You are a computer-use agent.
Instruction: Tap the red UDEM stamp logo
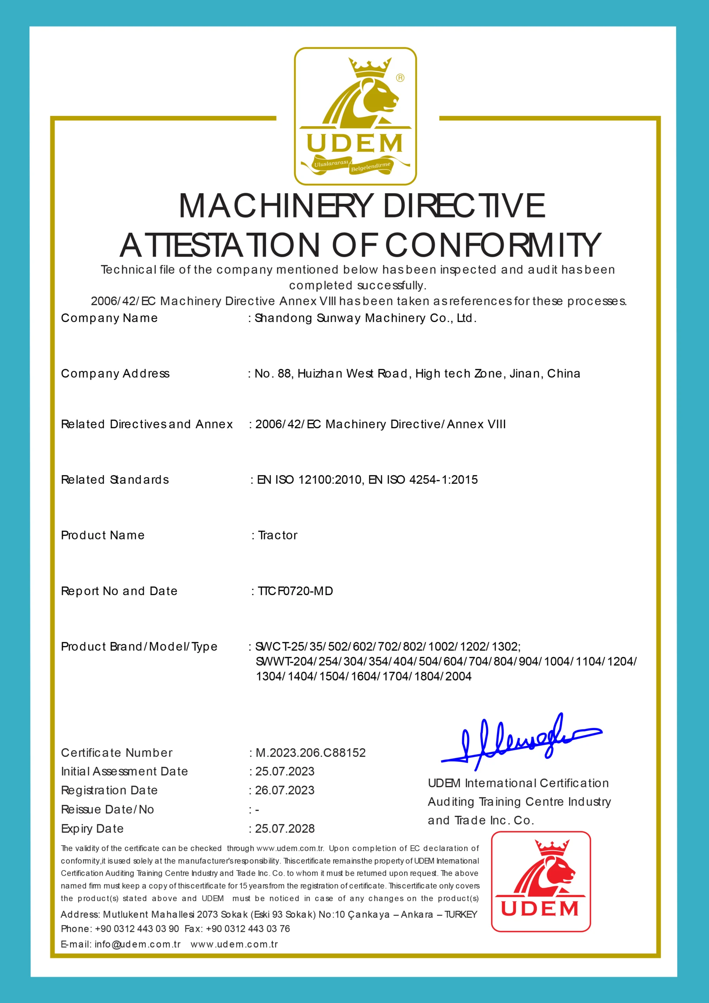[541, 882]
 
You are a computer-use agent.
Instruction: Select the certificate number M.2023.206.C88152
[310, 753]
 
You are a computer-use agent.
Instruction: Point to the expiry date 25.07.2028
[285, 829]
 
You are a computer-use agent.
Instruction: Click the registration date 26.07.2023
[285, 790]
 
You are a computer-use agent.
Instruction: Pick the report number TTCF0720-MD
[295, 591]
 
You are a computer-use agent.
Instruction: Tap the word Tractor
[278, 535]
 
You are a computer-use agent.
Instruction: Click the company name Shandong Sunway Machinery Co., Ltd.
[365, 318]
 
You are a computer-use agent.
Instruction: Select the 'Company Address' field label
[115, 373]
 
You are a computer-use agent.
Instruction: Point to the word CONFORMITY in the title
[493, 245]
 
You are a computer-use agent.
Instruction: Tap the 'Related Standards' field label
[115, 480]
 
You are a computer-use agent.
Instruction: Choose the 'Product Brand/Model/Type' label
[139, 646]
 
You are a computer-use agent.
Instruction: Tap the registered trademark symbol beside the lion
[400, 78]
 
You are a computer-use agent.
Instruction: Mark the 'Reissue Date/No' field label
[107, 809]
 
